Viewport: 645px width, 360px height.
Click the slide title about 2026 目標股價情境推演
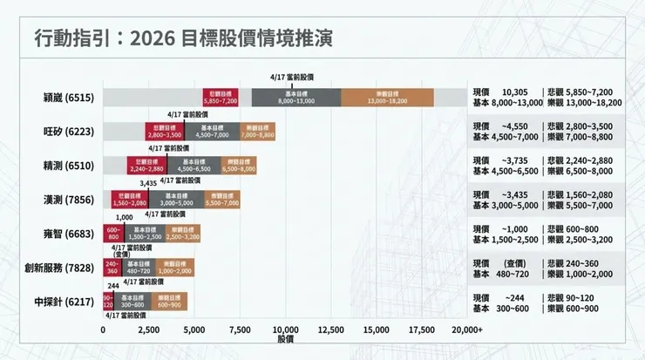(x=182, y=39)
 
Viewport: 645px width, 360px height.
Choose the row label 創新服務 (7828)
(x=58, y=267)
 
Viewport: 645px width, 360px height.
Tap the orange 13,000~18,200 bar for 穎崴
(x=387, y=97)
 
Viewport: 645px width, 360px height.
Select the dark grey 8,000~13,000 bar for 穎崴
(x=295, y=97)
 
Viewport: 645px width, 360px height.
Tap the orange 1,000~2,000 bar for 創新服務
(x=175, y=267)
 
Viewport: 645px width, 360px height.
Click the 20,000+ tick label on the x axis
(x=467, y=329)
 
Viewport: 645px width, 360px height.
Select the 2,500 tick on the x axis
(x=148, y=329)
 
